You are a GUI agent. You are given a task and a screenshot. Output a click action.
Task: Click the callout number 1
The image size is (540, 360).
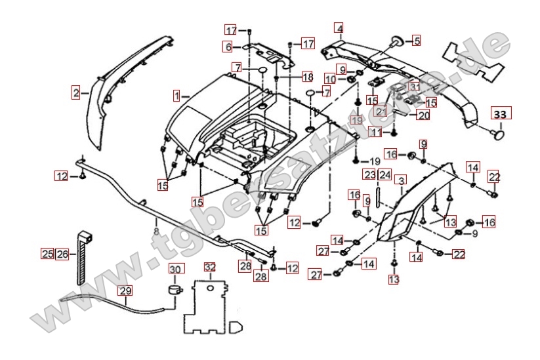point(177,96)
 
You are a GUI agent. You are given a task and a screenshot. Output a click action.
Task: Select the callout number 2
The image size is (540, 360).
point(76,93)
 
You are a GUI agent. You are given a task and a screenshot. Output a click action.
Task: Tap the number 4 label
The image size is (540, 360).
point(339,28)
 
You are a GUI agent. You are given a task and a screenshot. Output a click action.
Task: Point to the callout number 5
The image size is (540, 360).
point(416,41)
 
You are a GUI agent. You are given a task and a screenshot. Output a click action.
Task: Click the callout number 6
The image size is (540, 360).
point(228,47)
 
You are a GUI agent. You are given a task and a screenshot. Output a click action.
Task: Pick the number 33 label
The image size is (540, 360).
point(500,113)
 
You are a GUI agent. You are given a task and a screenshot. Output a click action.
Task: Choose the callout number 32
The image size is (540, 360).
point(209,268)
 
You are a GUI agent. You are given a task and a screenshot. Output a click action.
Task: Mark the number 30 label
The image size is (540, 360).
point(175,270)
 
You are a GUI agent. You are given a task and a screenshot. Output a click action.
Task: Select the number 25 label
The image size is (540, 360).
point(47,254)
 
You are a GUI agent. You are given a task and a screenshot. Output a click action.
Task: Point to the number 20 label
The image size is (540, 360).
point(423,115)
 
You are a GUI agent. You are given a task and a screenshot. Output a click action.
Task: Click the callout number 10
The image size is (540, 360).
point(330,79)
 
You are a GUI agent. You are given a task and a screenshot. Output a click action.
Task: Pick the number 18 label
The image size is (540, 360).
point(307,77)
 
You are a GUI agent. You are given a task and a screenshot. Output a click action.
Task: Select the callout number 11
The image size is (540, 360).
point(375,132)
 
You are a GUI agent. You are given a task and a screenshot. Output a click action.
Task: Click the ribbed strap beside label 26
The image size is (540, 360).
point(81,256)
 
